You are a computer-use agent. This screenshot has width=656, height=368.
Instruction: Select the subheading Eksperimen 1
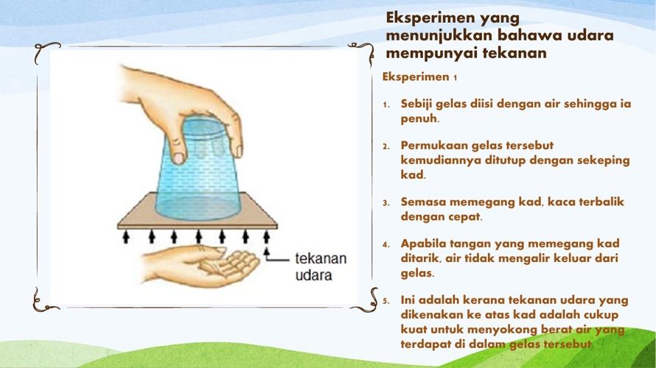tap(419, 77)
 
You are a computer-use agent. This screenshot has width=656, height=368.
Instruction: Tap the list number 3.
tap(385, 203)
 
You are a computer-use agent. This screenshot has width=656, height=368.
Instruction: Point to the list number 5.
tap(385, 301)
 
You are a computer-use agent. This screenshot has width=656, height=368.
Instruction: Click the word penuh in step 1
tap(419, 118)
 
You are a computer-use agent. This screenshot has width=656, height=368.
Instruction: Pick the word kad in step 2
tap(413, 174)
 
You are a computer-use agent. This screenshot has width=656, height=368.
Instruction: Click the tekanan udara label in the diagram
tap(321, 266)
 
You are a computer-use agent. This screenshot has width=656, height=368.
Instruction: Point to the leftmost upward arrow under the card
tap(126, 236)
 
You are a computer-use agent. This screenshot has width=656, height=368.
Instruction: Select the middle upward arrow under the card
tap(198, 236)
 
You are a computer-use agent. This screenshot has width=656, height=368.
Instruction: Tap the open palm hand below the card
tap(200, 265)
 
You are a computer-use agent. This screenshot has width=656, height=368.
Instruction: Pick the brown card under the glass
tap(197, 211)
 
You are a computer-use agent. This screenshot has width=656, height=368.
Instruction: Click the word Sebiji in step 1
tap(419, 105)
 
